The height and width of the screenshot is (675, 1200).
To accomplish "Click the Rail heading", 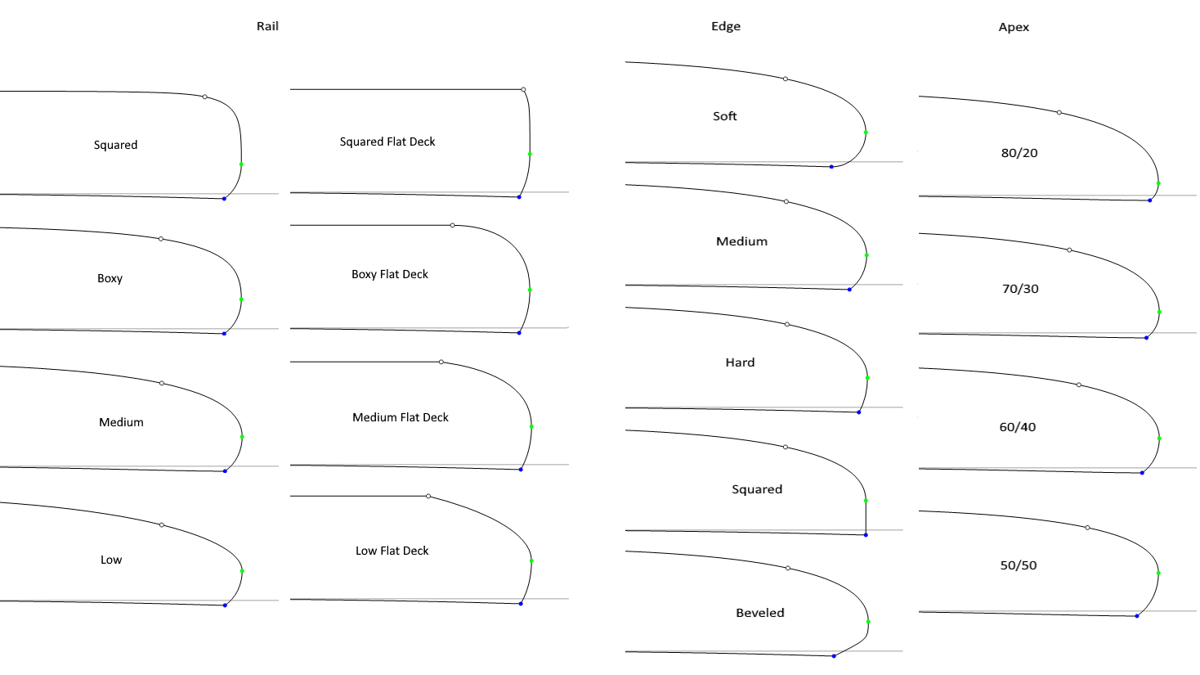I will [x=267, y=26].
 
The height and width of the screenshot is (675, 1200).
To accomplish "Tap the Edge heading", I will [x=726, y=26].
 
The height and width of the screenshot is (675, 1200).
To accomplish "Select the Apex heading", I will [x=1014, y=27].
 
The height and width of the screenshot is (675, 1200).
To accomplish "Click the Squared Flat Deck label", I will [x=387, y=142].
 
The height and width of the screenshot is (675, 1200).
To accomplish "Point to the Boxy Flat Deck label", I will [x=390, y=274].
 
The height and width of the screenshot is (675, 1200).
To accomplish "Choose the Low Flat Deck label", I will [x=392, y=551].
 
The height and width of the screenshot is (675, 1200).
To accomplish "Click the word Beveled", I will [x=760, y=613].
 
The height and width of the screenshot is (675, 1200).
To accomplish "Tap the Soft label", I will [x=725, y=116].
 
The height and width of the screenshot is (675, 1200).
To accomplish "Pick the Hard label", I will [x=740, y=362].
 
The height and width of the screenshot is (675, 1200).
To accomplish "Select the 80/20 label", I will [x=1019, y=153].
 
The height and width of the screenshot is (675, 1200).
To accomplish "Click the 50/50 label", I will [x=1019, y=565].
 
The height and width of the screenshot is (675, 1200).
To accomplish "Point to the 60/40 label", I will [x=1018, y=427].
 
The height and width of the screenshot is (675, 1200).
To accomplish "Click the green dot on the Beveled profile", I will [x=868, y=622].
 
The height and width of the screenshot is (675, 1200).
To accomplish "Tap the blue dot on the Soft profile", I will [x=831, y=167].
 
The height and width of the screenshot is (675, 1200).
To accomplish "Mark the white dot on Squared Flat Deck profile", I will [x=523, y=89].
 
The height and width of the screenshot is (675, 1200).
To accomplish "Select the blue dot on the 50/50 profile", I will [x=1137, y=616].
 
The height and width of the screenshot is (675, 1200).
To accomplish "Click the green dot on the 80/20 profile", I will [x=1158, y=183].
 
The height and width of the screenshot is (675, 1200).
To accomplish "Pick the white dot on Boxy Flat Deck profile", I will [x=453, y=225].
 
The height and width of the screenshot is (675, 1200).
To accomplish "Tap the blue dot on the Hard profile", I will [x=859, y=412].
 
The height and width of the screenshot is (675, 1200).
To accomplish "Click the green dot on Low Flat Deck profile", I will [x=531, y=561].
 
